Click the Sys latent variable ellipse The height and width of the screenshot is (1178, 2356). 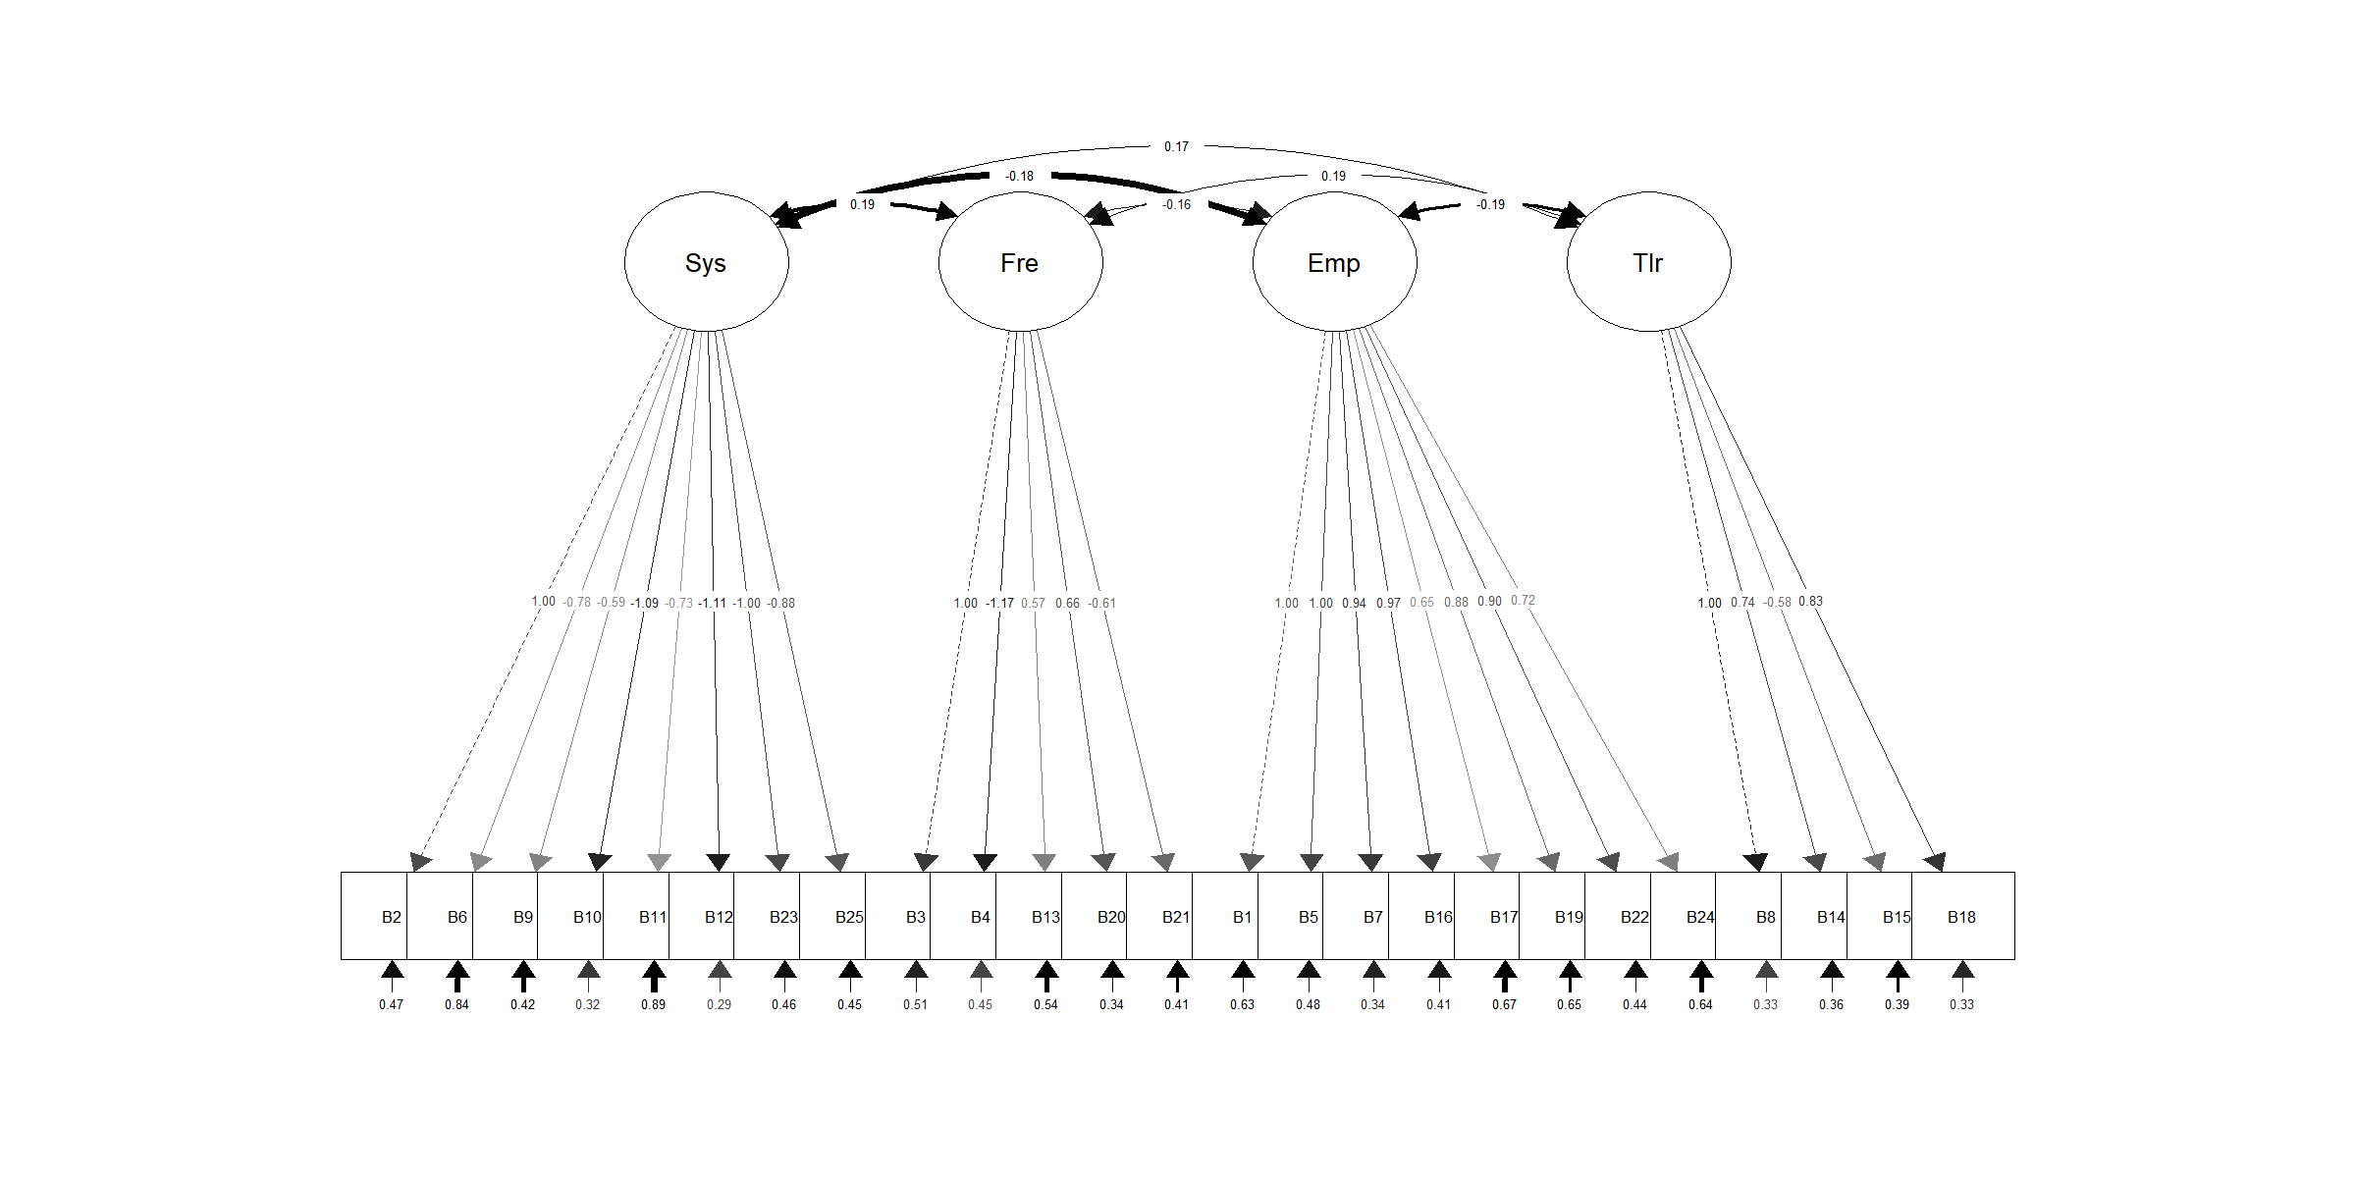[x=706, y=262]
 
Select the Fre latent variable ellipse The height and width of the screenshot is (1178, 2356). [x=1020, y=262]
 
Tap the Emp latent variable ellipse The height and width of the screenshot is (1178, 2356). [x=1334, y=262]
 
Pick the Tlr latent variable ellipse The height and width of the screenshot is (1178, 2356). [x=1648, y=262]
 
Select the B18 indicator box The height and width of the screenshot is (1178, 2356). [x=1962, y=916]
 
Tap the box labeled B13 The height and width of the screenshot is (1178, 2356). [x=1030, y=916]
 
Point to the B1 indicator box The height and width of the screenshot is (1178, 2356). [x=1226, y=916]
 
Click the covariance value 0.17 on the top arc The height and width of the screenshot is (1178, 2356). [x=1176, y=147]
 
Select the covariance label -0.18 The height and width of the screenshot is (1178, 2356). [x=1019, y=177]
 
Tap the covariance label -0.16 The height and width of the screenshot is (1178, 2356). [x=1176, y=205]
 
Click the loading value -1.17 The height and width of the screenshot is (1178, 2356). [x=999, y=603]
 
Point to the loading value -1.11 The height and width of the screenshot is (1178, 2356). [x=712, y=603]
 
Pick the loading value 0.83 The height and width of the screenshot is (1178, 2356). [x=1810, y=601]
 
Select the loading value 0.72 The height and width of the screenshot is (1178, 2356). [x=1523, y=600]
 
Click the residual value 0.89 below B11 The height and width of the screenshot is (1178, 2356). [x=653, y=1004]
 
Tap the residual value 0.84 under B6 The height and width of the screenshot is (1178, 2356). [x=456, y=1004]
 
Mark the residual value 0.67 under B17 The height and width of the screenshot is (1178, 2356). [x=1504, y=1004]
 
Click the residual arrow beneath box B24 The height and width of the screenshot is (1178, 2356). [x=1701, y=975]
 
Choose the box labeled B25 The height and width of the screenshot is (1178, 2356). [x=833, y=916]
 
